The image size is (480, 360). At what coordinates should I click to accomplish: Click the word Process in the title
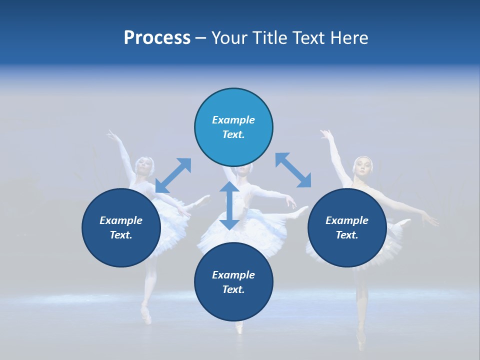coord(157,38)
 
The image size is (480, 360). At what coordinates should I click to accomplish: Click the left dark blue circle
coord(121,227)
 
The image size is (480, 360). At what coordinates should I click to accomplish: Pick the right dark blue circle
coord(346,227)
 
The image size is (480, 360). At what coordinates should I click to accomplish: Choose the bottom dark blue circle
coord(233,281)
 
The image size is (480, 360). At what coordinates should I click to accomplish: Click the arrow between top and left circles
coord(173,175)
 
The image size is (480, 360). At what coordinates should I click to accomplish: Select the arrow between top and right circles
coord(293,170)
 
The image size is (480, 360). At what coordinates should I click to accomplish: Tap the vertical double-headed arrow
coord(229,205)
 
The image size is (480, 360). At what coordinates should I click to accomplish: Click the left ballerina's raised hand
coord(112,134)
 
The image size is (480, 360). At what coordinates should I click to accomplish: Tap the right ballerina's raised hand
coord(326,134)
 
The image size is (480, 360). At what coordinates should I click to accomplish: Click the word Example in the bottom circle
coord(233,274)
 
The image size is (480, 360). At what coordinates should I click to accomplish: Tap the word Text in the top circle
coord(233,134)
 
